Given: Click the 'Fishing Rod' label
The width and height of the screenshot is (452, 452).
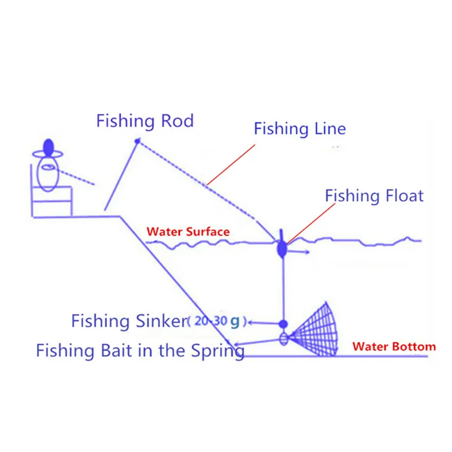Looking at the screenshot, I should click(145, 121).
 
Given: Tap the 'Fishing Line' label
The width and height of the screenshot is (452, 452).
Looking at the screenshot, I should click(299, 128).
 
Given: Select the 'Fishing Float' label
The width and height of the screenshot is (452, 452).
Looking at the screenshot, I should click(374, 196).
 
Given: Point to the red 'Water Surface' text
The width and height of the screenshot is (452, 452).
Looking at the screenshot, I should click(188, 232).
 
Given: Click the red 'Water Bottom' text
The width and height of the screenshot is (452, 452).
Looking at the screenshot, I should click(394, 346).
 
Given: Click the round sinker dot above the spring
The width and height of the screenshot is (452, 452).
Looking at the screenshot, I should click(283, 324).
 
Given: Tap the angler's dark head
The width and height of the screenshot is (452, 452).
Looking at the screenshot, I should click(48, 147).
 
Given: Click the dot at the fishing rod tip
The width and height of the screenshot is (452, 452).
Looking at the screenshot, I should click(136, 140).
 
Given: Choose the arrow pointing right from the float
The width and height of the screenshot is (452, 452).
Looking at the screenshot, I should click(299, 253).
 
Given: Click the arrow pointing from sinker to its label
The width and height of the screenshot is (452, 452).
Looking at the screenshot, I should click(263, 323).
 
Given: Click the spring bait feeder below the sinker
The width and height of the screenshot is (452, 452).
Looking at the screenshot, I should click(284, 339).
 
